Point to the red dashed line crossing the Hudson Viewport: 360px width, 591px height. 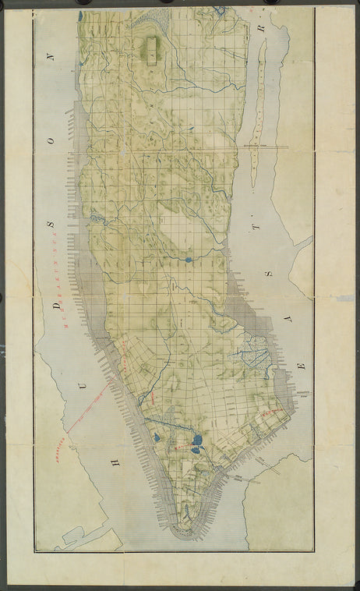pos(90,405)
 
